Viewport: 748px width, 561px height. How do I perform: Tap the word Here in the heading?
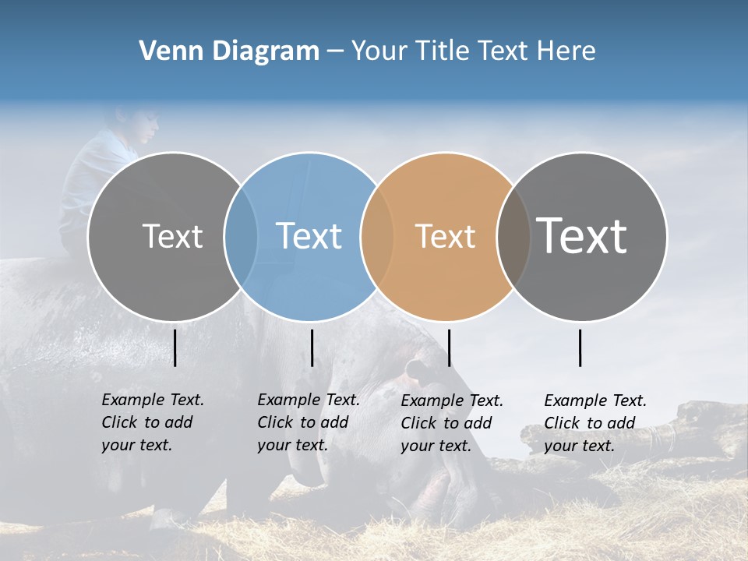(566, 51)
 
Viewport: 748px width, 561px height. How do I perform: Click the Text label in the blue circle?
(309, 236)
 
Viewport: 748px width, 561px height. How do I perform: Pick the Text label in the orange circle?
(445, 236)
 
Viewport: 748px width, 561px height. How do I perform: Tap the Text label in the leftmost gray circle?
(172, 236)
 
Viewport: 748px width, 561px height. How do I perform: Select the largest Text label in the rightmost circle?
(582, 235)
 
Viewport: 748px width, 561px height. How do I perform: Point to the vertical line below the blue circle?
(312, 348)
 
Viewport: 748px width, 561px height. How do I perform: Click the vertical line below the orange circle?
(449, 348)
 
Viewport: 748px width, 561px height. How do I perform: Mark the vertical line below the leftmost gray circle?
(175, 348)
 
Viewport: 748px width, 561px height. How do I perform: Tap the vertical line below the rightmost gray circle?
(580, 348)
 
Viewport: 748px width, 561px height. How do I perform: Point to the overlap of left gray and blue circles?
(241, 236)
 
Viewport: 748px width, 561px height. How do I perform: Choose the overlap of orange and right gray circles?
(513, 236)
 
